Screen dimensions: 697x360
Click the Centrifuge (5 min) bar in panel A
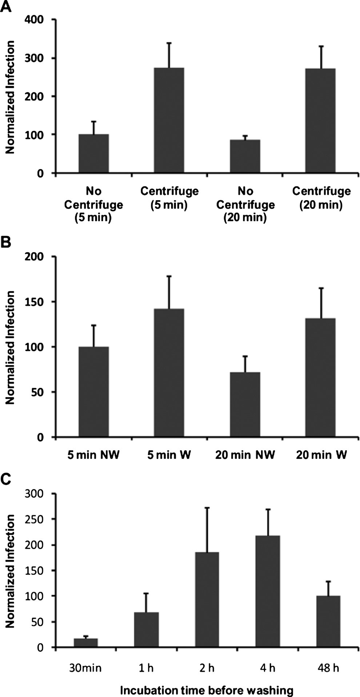coord(169,120)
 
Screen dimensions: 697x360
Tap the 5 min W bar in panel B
coord(169,372)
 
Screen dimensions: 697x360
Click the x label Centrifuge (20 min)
coord(321,198)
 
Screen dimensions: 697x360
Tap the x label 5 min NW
coord(93,455)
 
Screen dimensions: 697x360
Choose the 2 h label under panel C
coord(207,668)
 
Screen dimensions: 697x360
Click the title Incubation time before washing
coord(207,690)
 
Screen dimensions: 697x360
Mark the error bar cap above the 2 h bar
coord(207,508)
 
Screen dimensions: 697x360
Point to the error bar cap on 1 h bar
coord(147,593)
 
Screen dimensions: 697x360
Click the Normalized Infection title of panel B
coord(11,347)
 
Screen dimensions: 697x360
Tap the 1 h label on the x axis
coord(146,668)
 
